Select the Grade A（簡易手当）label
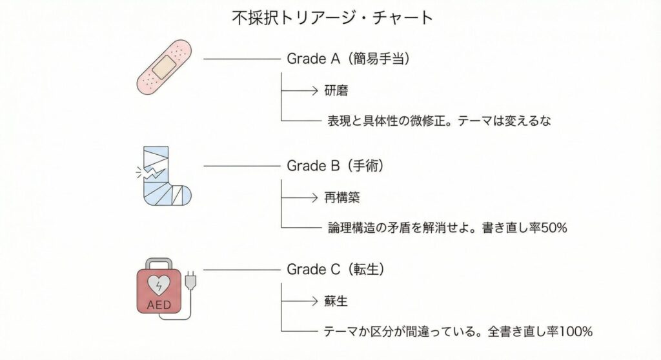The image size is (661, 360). (349, 59)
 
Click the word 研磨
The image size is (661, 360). (336, 91)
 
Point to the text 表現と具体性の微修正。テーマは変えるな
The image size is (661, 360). (440, 121)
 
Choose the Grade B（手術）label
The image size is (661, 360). (336, 166)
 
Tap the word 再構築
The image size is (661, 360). (341, 197)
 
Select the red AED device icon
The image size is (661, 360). (160, 290)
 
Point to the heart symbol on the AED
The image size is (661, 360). (159, 285)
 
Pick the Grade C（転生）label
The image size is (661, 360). (336, 270)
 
